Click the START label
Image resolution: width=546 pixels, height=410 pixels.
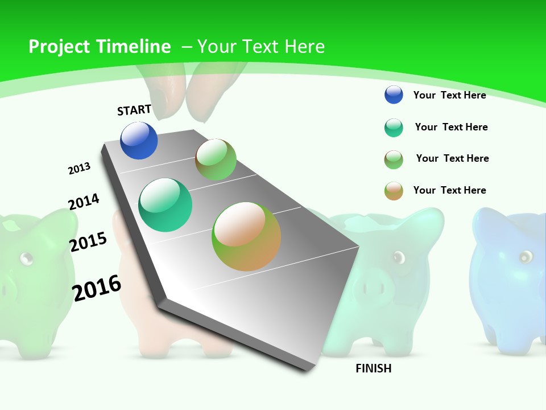point(134,110)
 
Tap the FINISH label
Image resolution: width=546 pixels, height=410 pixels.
point(374,368)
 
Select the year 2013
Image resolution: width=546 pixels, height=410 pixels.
point(79,169)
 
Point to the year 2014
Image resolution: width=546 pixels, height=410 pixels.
point(84,202)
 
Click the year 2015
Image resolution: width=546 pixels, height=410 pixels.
point(88,242)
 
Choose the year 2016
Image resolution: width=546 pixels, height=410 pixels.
point(97,288)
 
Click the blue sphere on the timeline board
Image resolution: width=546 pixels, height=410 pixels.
point(139,140)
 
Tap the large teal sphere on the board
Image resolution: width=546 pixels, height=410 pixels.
point(166,205)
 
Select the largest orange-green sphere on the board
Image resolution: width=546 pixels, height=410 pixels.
point(246,236)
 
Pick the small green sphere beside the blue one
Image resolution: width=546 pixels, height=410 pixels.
point(216,159)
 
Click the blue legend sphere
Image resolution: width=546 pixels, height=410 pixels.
point(394,95)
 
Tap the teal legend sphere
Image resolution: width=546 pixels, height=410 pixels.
point(394,128)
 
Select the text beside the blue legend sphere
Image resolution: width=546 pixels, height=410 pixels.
point(449,95)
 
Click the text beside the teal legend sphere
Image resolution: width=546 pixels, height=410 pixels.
point(451,127)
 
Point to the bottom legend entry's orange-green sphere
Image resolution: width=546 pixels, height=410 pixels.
point(394,191)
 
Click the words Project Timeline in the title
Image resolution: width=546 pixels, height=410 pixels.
point(100,47)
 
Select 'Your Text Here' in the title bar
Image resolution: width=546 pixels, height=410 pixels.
point(261,47)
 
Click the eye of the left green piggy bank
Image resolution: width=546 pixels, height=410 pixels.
point(26,259)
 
